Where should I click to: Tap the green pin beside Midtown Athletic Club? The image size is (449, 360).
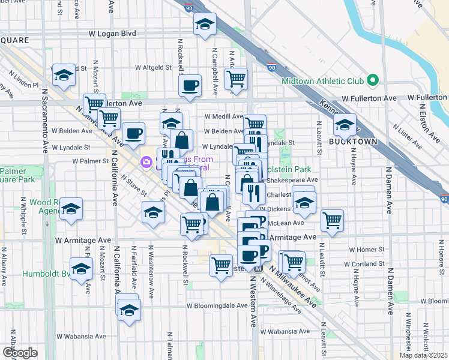tap(372, 80)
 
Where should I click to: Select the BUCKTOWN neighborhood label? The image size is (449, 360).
tap(353, 142)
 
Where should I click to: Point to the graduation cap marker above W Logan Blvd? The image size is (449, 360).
tap(205, 25)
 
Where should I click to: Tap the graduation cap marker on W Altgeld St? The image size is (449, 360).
tap(64, 75)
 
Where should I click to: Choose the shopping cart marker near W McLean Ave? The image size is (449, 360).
tap(332, 220)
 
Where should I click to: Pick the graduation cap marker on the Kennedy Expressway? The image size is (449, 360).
tap(345, 125)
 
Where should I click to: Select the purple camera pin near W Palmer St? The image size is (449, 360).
tap(145, 162)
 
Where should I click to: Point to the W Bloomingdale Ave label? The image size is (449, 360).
tap(217, 305)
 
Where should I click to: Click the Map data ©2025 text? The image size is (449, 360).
tap(423, 355)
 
